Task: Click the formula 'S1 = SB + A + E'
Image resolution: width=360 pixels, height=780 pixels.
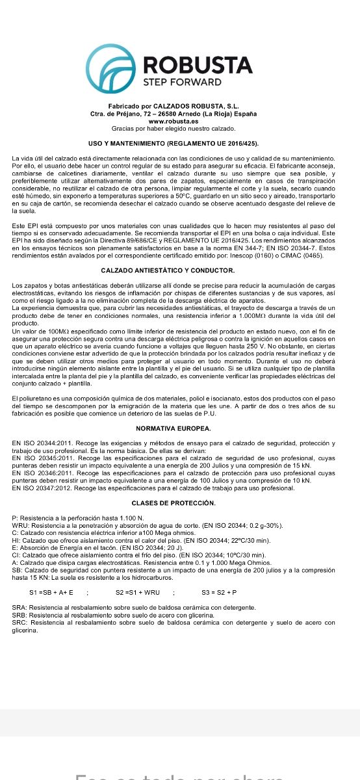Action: point(51,593)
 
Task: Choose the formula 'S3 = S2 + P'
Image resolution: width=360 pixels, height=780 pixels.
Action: point(219,593)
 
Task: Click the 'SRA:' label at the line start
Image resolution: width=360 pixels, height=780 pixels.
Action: point(19,607)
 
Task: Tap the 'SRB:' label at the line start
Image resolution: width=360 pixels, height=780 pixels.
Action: point(19,614)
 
